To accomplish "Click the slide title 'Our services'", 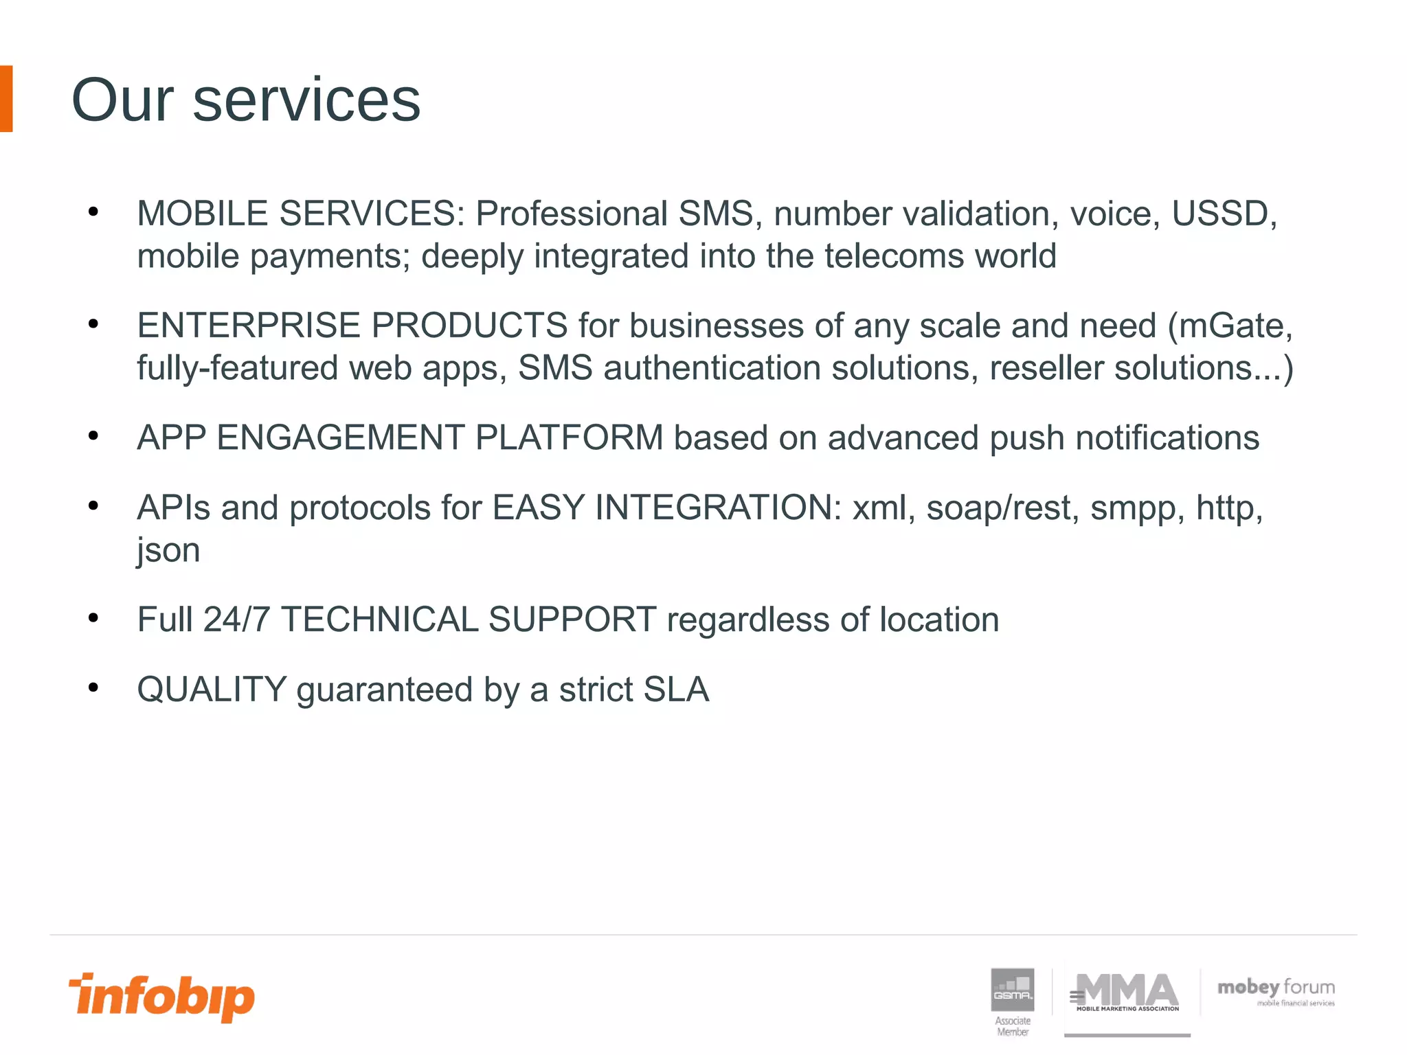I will point(245,100).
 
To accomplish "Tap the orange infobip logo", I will point(161,997).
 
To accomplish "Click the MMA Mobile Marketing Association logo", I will point(1127,993).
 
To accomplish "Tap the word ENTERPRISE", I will point(249,326).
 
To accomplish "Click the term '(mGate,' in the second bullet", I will point(1230,326).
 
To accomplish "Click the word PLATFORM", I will point(569,438).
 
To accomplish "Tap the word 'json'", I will point(168,550).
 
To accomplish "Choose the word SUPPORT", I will point(572,620).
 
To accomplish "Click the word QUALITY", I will point(212,690).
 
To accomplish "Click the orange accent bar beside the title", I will point(6,98).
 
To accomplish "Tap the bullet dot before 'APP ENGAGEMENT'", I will point(93,435).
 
